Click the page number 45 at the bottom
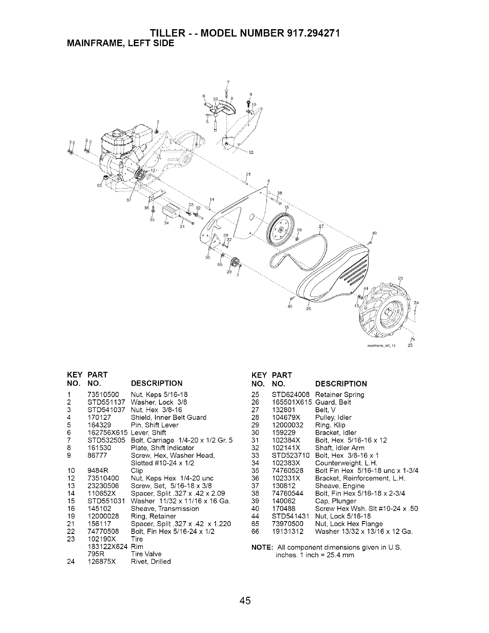[245, 601]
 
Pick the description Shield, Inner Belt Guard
[169, 417]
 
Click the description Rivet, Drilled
[151, 561]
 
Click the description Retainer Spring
[340, 394]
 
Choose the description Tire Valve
[146, 554]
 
